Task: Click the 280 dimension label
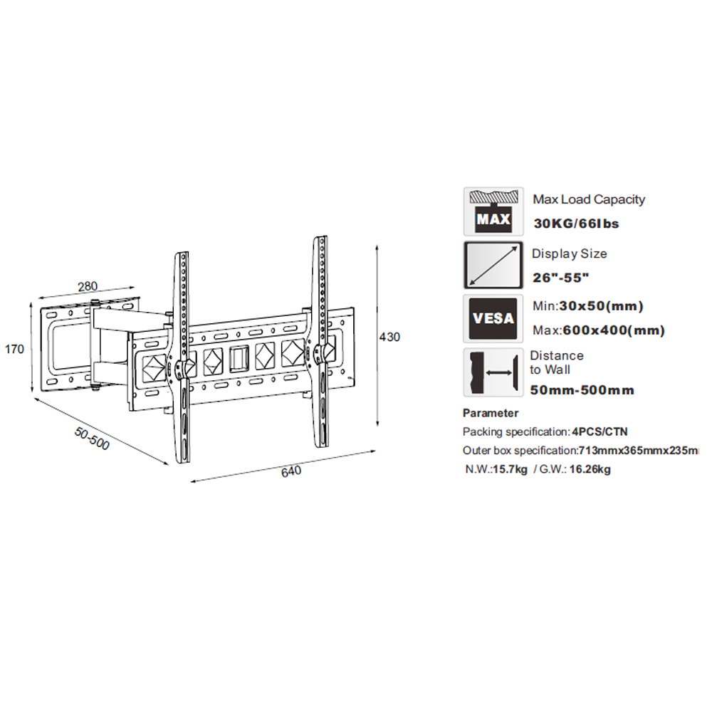[88, 286]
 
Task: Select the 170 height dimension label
[14, 349]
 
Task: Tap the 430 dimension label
[389, 337]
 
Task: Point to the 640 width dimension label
[291, 471]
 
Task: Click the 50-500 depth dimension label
[92, 439]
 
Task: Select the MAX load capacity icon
[493, 211]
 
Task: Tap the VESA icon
[493, 319]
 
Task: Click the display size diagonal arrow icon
[493, 265]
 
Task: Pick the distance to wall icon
[493, 372]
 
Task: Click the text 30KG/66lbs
[576, 224]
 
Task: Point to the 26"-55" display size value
[561, 278]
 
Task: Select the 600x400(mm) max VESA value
[614, 330]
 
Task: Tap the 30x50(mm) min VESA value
[602, 306]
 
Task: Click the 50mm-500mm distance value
[582, 390]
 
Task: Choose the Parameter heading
[491, 413]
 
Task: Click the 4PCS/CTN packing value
[600, 432]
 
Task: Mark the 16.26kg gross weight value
[590, 469]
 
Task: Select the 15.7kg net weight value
[511, 469]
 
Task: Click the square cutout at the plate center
[239, 359]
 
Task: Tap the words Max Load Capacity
[589, 199]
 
